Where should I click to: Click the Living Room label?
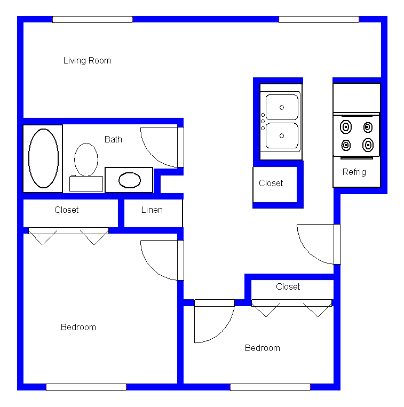(x=87, y=60)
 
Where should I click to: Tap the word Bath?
(x=113, y=139)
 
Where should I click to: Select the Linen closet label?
(x=152, y=210)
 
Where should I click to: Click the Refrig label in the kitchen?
(x=354, y=172)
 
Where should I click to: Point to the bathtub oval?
(x=29, y=158)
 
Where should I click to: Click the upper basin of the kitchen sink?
(x=282, y=107)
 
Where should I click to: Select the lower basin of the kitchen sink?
(x=282, y=135)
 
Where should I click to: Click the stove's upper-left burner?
(x=346, y=127)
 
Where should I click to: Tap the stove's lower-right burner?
(x=368, y=145)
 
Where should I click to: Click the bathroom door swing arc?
(x=150, y=156)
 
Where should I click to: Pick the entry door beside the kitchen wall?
(x=337, y=244)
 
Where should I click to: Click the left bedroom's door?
(x=181, y=260)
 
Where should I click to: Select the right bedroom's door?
(x=215, y=303)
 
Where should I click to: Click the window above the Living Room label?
(x=92, y=19)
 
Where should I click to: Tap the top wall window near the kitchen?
(x=319, y=19)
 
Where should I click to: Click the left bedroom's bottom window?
(x=86, y=387)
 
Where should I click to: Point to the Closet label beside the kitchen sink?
(x=271, y=183)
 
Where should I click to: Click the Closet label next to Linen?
(x=67, y=210)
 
